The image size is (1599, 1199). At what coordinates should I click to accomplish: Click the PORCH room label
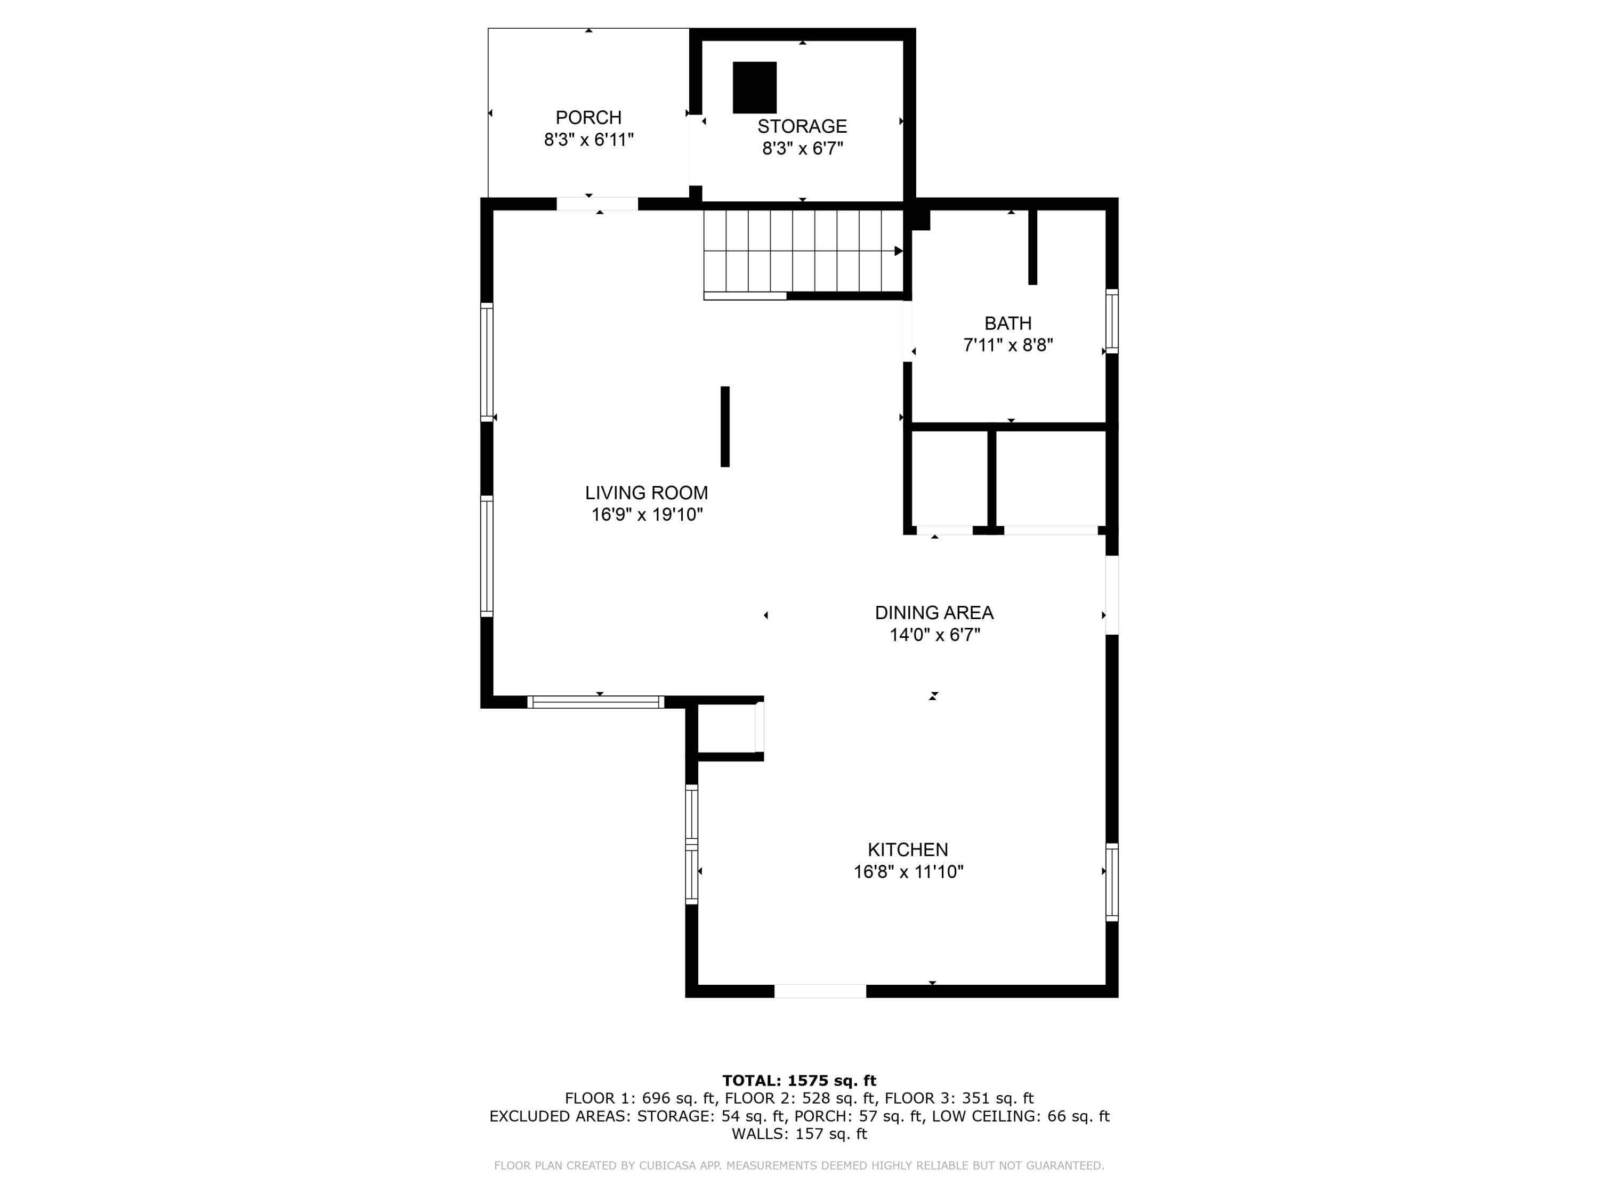(588, 117)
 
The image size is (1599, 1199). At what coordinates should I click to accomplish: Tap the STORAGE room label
(802, 126)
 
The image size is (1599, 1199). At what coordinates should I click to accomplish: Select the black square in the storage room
(755, 87)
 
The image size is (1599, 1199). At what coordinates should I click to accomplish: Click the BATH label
(1008, 323)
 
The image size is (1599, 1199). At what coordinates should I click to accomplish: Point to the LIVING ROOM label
(646, 493)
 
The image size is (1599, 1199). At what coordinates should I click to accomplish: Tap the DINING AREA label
(934, 613)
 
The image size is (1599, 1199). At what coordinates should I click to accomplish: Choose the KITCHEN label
(908, 849)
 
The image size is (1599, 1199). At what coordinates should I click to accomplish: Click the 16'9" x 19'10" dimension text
(647, 515)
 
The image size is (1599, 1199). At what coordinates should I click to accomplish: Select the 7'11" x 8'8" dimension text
(1008, 345)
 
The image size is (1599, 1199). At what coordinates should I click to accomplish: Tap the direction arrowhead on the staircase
(899, 251)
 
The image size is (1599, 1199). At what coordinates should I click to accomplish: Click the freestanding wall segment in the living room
(725, 426)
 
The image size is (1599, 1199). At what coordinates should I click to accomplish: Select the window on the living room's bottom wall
(596, 702)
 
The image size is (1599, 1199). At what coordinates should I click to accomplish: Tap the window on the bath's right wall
(1112, 322)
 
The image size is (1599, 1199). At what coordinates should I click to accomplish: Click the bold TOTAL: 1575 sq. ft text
(799, 1081)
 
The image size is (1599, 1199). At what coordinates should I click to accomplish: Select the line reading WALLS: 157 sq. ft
(799, 1134)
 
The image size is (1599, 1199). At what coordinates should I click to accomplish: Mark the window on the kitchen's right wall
(1112, 882)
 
